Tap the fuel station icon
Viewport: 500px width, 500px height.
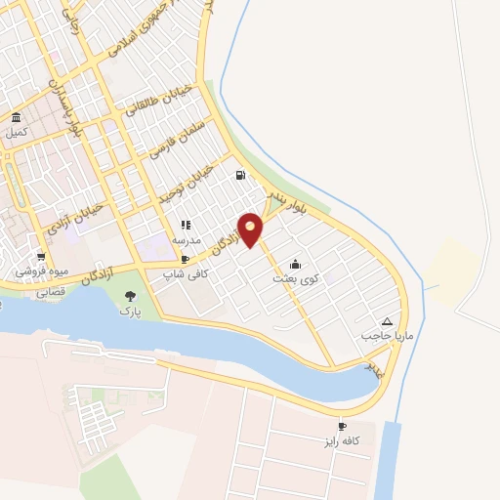(238, 176)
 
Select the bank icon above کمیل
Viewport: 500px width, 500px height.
(16, 118)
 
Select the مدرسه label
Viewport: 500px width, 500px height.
(186, 239)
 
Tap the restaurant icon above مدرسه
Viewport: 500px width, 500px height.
(186, 226)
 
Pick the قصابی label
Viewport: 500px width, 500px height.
(50, 291)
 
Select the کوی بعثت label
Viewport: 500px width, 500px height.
(296, 278)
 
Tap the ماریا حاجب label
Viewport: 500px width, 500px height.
(382, 335)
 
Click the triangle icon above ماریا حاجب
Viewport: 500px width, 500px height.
(388, 321)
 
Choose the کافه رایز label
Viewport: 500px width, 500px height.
(343, 441)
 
